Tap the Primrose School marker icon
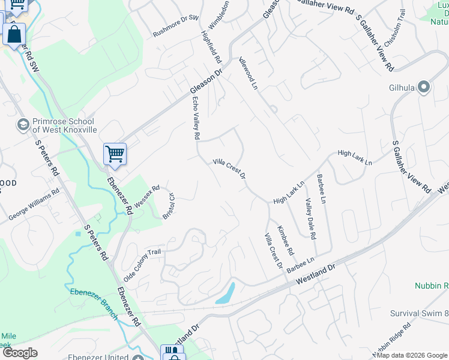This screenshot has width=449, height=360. coord(23,124)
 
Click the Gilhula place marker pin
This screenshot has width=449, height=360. coord(424,88)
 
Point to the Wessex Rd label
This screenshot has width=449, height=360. coord(146,197)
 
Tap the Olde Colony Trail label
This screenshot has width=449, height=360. coord(142,266)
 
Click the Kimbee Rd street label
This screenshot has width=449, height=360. coord(285,239)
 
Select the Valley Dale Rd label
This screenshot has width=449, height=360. coord(310,219)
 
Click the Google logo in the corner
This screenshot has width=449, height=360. coord(19,353)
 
